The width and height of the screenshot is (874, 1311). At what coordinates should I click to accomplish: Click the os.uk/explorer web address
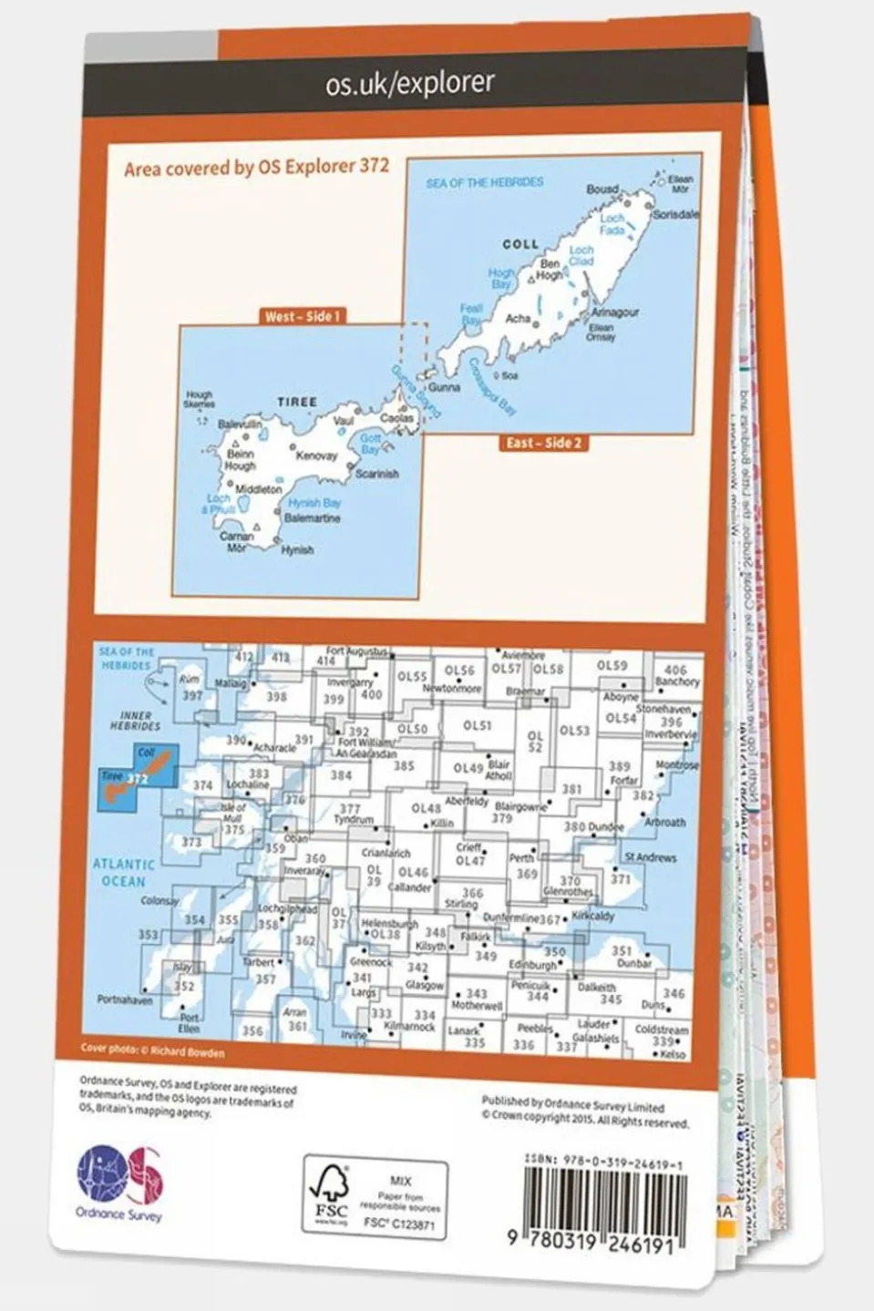coord(410,84)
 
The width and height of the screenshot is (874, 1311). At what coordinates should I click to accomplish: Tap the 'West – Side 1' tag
coord(302,316)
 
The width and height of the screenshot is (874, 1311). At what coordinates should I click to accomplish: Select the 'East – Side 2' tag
coord(544,443)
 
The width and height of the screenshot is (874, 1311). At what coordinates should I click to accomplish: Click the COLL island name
coord(520,244)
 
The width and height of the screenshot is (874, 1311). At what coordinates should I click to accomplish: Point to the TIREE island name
coord(297,402)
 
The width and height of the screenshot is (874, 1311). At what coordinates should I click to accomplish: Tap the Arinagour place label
coord(615,312)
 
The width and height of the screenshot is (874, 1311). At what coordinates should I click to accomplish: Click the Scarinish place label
coord(376,474)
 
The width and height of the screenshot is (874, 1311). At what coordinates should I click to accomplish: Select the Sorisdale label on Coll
coord(675,215)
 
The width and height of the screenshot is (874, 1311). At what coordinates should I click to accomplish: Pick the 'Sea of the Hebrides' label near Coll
coord(484,183)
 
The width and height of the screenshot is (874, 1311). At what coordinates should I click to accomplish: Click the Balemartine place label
coord(312,518)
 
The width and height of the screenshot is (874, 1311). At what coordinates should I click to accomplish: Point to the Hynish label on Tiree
coord(297,550)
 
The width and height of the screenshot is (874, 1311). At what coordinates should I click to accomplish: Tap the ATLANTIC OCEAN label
coord(123,873)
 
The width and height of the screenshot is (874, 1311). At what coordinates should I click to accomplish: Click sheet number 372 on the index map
coord(139,779)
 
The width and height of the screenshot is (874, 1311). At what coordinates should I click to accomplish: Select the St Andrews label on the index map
coord(651,857)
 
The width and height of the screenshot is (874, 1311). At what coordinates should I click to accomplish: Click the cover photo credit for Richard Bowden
coord(152,1050)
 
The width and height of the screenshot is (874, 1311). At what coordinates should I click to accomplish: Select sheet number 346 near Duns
coord(673,994)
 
